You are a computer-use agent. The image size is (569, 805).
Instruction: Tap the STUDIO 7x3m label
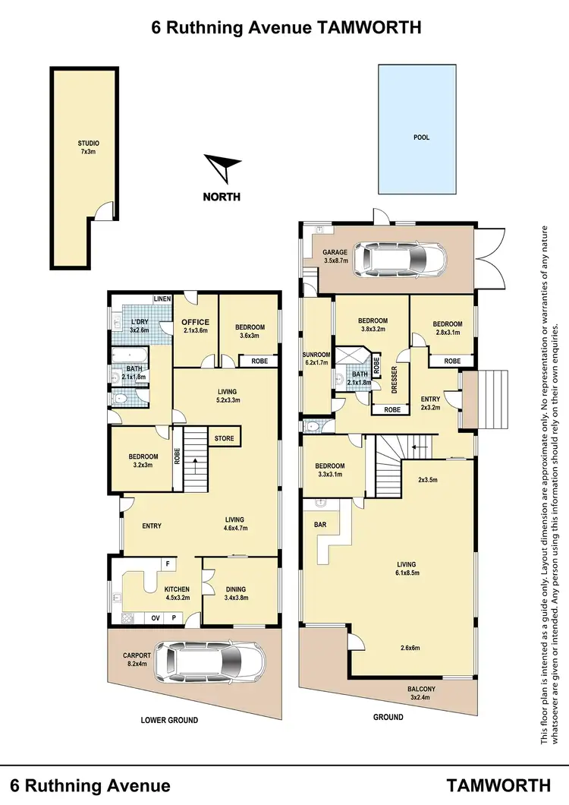(89, 147)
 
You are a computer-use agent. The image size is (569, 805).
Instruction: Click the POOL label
(421, 137)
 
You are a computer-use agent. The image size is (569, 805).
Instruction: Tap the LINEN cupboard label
(162, 299)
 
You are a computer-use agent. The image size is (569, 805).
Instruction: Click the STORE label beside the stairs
(225, 438)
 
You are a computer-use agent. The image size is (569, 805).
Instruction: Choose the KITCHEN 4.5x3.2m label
(177, 593)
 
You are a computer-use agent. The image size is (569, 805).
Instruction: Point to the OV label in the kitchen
(156, 617)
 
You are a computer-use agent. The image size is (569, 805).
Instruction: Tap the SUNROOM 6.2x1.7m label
(315, 358)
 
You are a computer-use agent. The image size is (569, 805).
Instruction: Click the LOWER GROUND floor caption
(170, 720)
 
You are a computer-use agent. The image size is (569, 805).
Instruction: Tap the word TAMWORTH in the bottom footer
(498, 784)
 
